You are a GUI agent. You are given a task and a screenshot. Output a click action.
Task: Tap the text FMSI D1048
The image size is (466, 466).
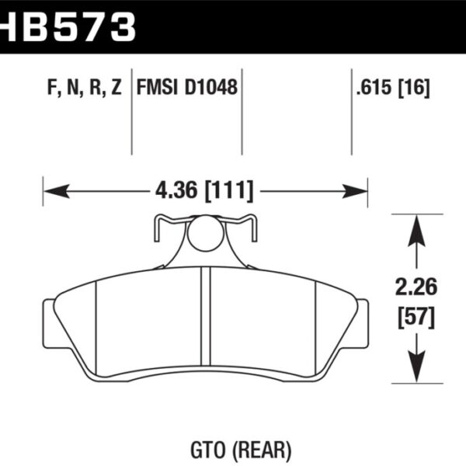click(x=186, y=88)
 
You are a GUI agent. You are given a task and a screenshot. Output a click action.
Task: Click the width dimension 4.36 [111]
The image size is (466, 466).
click(x=205, y=190)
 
